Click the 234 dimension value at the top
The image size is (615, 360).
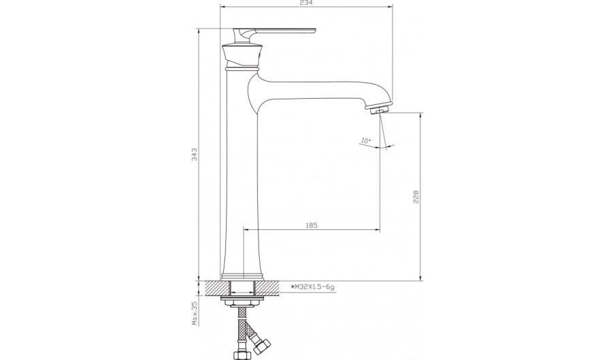point(306,3)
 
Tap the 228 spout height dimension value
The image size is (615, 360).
point(416,197)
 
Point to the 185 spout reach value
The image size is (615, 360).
point(311,225)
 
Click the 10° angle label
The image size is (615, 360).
point(365,140)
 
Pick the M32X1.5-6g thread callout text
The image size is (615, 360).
point(312,287)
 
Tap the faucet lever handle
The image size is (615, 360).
point(275,33)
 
